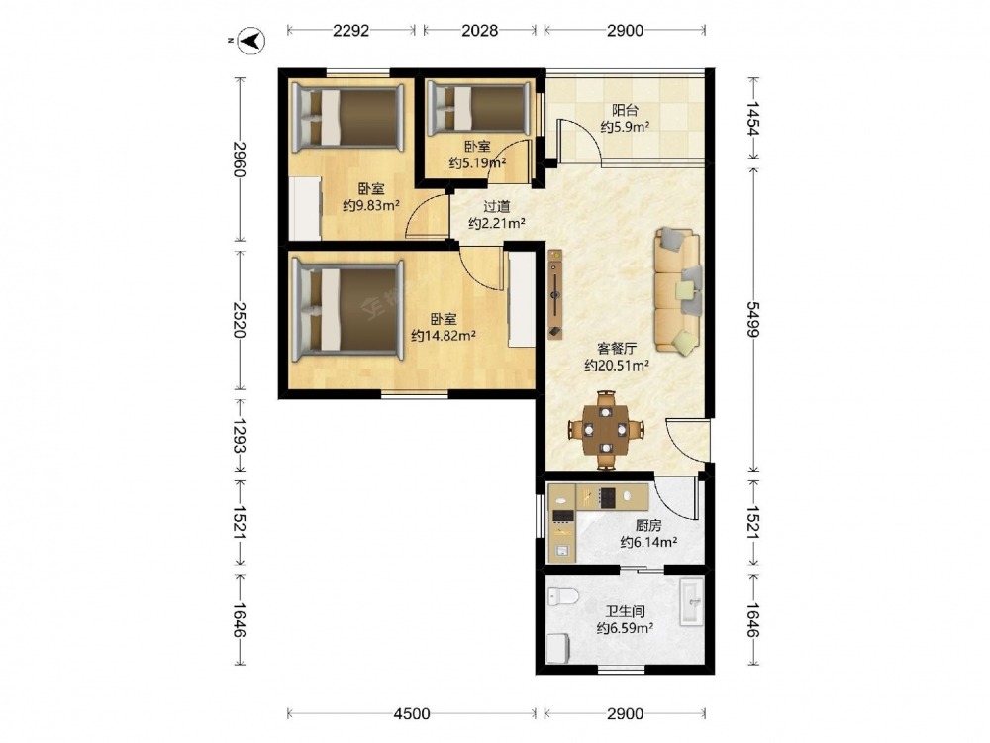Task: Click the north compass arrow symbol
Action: coord(253,41)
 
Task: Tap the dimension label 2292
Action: coord(350,30)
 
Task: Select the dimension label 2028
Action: coord(479,30)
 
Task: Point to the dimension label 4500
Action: coord(411,714)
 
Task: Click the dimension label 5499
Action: coord(752,320)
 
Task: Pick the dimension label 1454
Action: coord(752,118)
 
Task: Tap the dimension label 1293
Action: coord(240,436)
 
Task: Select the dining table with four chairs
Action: coord(605,430)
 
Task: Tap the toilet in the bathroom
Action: coord(563,595)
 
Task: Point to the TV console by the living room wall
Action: coord(555,294)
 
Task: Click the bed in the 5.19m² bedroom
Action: coord(477,110)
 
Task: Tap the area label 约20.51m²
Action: coord(617,366)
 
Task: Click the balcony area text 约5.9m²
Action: coord(625,127)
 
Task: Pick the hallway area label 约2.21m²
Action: coord(498,223)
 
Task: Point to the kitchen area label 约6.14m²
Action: coord(648,542)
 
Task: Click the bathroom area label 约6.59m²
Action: coord(625,628)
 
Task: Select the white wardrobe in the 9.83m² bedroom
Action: coord(306,208)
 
